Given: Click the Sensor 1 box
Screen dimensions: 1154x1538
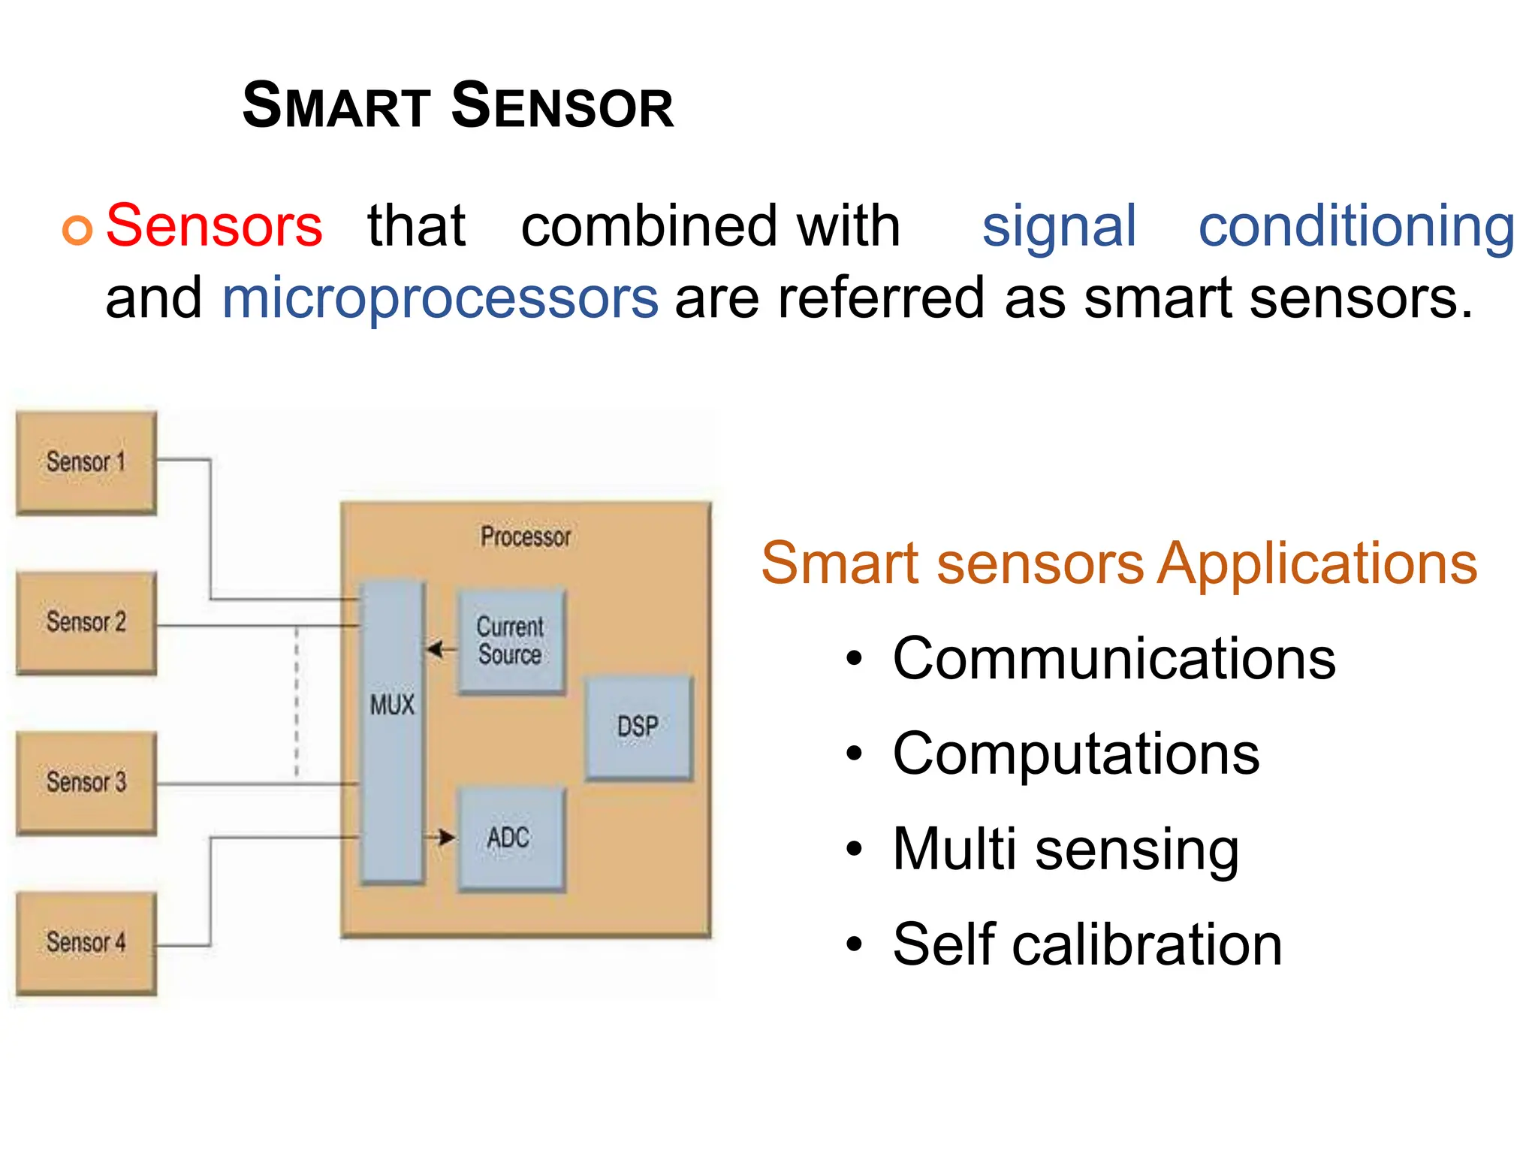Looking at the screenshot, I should (86, 462).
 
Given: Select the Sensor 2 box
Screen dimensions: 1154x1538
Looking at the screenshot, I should (86, 622).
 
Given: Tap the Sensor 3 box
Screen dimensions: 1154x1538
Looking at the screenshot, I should (86, 782).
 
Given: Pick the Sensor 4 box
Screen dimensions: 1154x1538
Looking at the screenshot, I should (86, 942).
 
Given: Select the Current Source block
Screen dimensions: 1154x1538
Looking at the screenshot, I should (511, 641).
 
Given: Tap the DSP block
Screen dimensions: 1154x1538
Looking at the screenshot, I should (638, 727).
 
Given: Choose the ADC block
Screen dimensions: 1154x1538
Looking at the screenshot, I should (510, 838).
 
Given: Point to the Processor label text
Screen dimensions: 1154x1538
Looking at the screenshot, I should (526, 536).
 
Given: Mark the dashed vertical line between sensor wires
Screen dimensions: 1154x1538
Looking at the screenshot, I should (297, 702).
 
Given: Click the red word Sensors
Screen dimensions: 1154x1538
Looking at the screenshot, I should (214, 225).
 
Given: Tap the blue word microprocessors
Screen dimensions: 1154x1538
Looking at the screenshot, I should (440, 298).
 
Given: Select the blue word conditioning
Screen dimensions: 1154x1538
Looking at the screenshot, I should (1356, 225).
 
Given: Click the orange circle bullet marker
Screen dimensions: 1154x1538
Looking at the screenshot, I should (77, 230).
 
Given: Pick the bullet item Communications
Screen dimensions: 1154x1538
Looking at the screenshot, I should (1114, 658).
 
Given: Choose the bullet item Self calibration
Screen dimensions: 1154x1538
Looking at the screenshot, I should (1087, 944).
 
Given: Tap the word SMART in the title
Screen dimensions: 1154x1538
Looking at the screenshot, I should (336, 106).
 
